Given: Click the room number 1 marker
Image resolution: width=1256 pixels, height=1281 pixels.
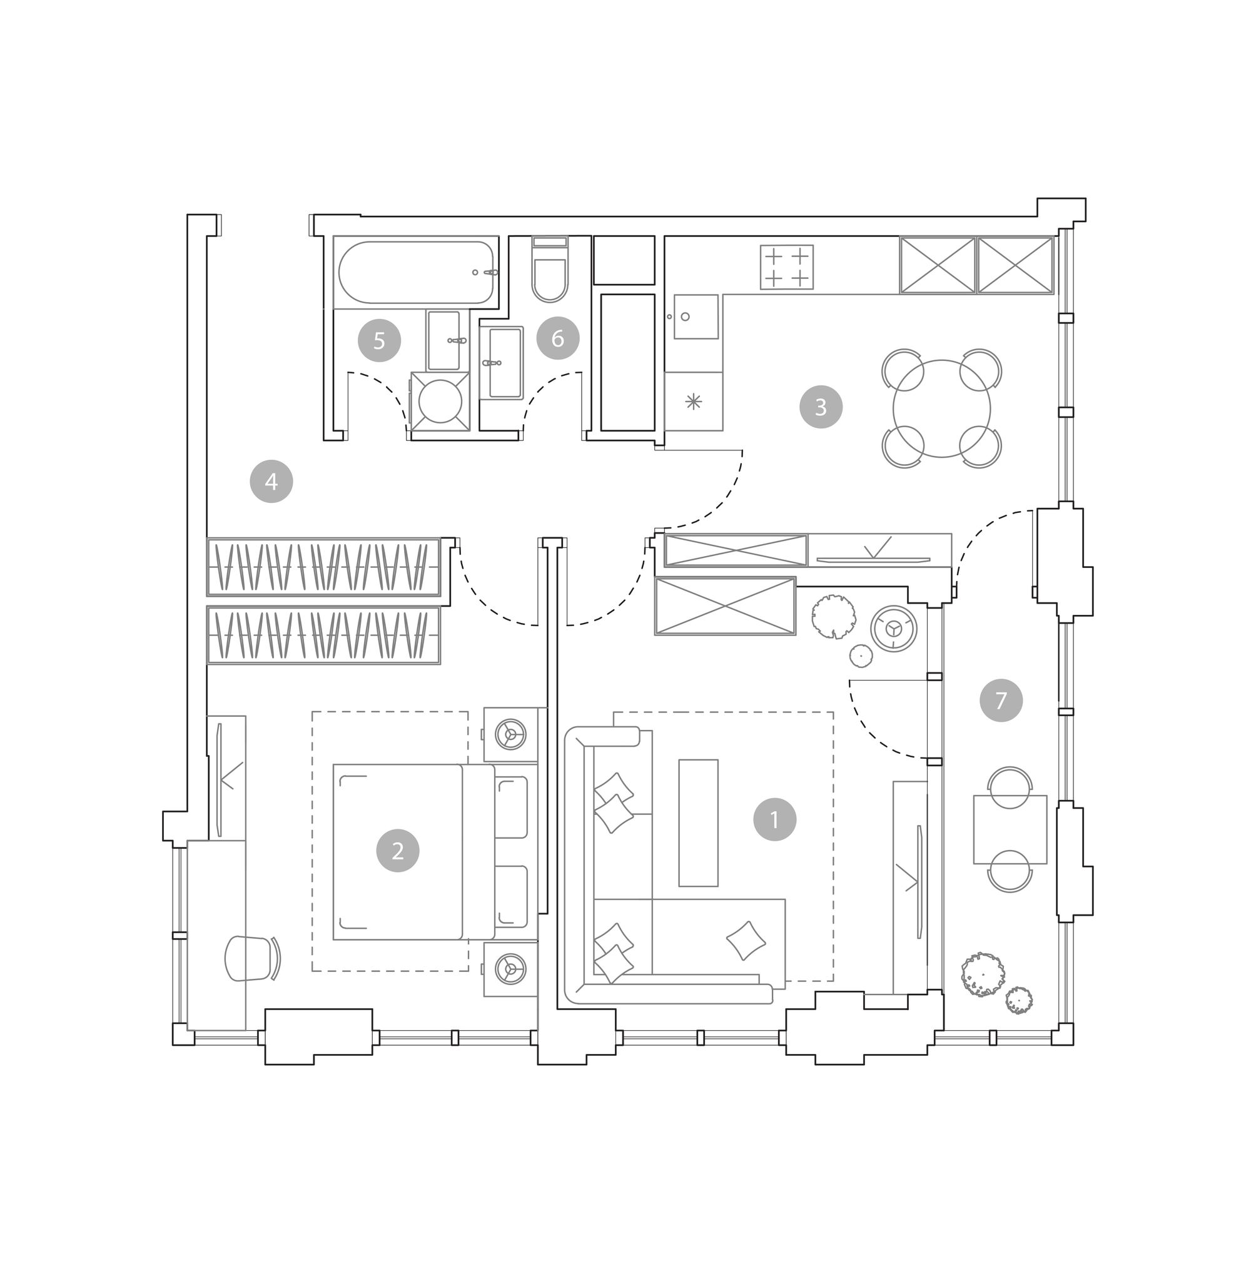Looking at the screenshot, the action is (x=774, y=819).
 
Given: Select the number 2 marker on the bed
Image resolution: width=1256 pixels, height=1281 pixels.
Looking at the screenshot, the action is (x=398, y=851).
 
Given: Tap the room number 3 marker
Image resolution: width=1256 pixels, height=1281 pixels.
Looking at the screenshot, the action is (x=821, y=407).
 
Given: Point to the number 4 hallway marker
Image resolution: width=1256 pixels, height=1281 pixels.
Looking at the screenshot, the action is (x=271, y=482).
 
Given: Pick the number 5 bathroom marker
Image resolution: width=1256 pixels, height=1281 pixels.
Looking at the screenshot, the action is (x=379, y=340).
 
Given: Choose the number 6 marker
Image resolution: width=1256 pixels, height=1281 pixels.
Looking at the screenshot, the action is (x=557, y=338).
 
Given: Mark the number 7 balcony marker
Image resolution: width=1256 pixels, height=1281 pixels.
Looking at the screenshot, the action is (x=1001, y=700).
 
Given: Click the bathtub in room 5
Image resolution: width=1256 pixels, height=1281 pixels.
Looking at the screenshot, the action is (x=416, y=271).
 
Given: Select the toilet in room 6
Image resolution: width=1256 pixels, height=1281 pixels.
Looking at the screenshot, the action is (x=549, y=269).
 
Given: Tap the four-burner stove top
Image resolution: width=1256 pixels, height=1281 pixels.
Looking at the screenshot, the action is (x=786, y=267).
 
